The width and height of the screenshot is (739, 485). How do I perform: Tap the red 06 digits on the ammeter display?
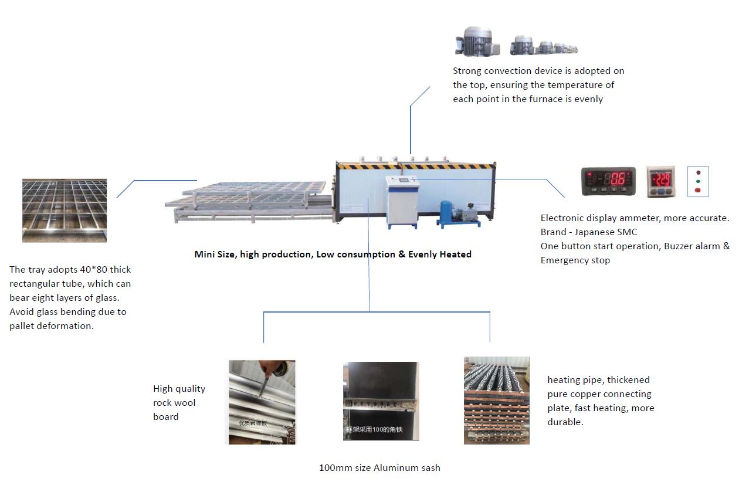pos(618,179)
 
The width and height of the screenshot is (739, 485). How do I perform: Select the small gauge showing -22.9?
pos(662,181)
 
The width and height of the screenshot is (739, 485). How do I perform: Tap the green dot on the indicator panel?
pos(698,182)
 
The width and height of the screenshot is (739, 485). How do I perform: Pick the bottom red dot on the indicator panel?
pos(698,190)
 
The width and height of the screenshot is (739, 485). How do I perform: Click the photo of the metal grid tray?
pos(65,210)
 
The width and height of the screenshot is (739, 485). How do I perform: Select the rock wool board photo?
pos(262,402)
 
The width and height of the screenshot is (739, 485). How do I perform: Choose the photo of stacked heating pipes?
pos(496,400)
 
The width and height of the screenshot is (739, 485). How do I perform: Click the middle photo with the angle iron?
pos(381,401)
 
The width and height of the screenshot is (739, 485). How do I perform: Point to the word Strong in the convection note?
pos(467,71)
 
